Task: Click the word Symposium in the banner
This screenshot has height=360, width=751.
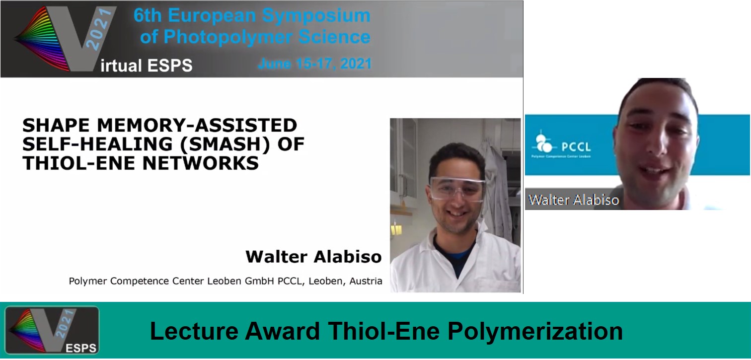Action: (316, 16)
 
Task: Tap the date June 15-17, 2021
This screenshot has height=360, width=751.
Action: (315, 64)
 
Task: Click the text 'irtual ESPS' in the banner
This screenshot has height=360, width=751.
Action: (147, 66)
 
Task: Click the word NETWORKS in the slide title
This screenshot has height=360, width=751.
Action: (201, 163)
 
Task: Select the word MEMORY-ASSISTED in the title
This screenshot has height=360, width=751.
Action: (197, 125)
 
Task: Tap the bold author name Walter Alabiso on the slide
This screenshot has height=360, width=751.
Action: (313, 257)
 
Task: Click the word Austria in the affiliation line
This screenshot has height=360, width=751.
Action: (366, 281)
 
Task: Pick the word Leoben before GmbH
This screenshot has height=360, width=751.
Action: (224, 281)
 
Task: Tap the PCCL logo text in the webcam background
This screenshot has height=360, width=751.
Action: (576, 146)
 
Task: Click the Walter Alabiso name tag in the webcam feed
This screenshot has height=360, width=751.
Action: (574, 200)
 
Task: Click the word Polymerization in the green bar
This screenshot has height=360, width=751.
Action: (535, 332)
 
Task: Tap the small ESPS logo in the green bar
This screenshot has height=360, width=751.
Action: (52, 330)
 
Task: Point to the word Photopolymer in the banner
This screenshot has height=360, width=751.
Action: (228, 37)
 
